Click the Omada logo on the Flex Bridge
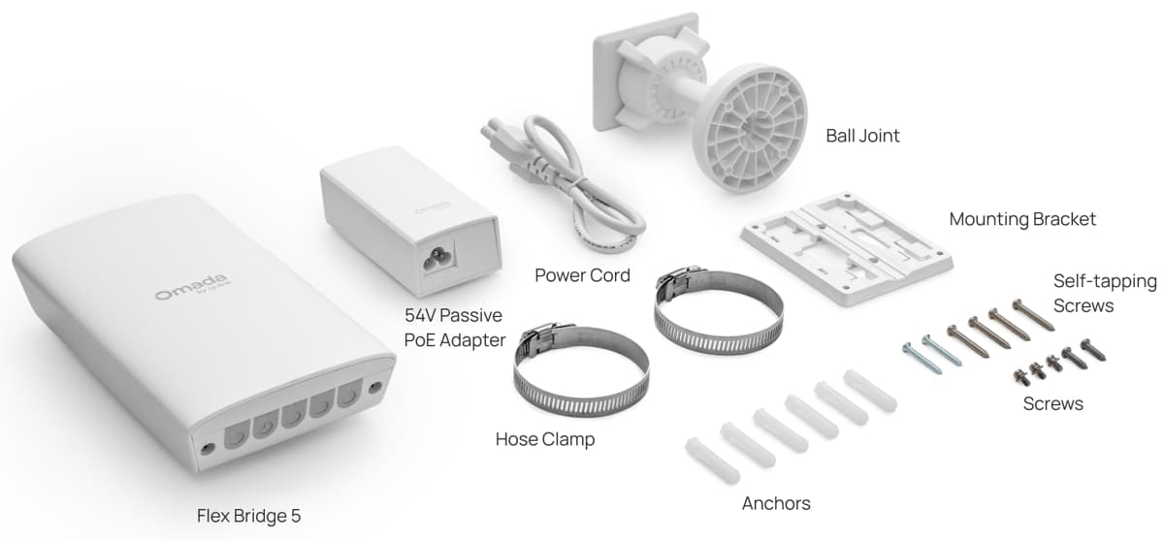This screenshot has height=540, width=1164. (x=191, y=287)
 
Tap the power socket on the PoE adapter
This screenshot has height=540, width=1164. (x=437, y=257)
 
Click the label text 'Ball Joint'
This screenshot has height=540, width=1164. (x=862, y=136)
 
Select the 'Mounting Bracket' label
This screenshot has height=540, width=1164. (x=1022, y=219)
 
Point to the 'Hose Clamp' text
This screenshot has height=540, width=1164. (x=545, y=439)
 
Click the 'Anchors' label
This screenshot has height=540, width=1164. (x=776, y=503)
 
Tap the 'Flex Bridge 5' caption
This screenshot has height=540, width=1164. (x=249, y=516)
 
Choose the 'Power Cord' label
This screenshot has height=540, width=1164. (x=582, y=275)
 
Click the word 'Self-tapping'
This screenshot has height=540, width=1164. (x=1105, y=281)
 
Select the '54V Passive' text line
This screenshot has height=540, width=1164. (x=453, y=315)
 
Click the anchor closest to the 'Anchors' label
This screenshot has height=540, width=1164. (x=712, y=461)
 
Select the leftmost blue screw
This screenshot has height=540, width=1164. (x=921, y=358)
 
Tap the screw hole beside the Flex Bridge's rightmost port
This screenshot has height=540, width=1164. (x=374, y=388)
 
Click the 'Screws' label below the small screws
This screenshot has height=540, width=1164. (x=1052, y=404)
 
